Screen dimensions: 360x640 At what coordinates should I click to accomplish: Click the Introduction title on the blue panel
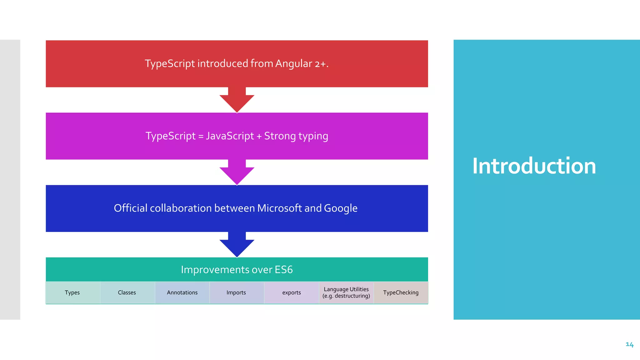534,166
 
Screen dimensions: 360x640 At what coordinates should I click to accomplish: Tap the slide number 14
629,344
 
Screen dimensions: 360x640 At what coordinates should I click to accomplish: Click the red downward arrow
237,100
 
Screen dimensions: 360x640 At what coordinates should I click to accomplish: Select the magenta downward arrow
237,172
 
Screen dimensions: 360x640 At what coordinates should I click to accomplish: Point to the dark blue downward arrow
237,245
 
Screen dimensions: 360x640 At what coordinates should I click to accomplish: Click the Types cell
72,292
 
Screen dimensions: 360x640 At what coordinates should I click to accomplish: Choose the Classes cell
127,292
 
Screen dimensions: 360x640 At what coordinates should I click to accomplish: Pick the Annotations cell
182,292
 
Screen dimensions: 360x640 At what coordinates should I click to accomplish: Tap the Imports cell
236,292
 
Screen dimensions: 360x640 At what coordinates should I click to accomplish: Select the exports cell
292,292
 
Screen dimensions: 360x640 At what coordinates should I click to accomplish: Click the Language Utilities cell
346,292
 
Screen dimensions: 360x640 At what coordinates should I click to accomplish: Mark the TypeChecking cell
401,292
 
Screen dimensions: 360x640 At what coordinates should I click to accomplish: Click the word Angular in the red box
293,64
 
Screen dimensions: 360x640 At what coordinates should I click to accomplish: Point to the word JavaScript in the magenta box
230,136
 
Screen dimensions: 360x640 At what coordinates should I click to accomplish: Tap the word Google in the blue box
341,208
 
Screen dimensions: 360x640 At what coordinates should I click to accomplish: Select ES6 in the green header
284,270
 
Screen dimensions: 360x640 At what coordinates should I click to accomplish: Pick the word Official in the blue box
130,208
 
